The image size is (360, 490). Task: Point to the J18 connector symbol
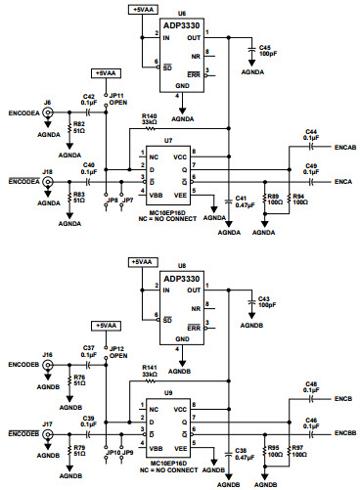pos(46,182)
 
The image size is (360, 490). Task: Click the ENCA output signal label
pos(342,181)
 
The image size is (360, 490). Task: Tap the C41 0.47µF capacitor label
pos(241,201)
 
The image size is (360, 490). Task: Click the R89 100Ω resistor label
pos(274,201)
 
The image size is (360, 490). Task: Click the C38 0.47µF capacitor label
pos(241,453)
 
